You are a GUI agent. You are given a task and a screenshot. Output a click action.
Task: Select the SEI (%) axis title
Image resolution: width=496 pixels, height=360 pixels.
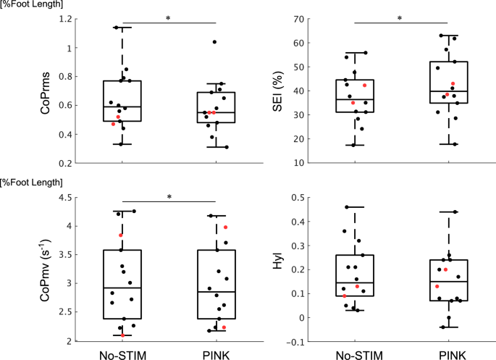coord(278,91)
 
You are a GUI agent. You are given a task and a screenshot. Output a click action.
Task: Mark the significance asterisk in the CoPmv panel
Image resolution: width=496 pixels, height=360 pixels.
coord(169,197)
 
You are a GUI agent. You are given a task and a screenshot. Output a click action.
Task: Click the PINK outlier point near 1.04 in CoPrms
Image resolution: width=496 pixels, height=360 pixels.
coord(214,42)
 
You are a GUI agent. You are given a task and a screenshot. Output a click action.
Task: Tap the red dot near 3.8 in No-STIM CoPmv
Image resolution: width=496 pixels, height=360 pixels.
coord(121,235)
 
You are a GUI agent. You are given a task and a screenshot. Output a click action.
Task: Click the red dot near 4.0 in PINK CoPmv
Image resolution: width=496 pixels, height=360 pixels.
coord(225,227)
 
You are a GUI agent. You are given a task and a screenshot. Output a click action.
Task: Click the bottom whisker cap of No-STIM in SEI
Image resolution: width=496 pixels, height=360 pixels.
coord(355,145)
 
